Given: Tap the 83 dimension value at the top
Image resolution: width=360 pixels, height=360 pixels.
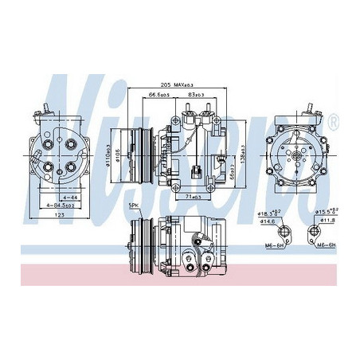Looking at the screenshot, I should coord(194,95).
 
